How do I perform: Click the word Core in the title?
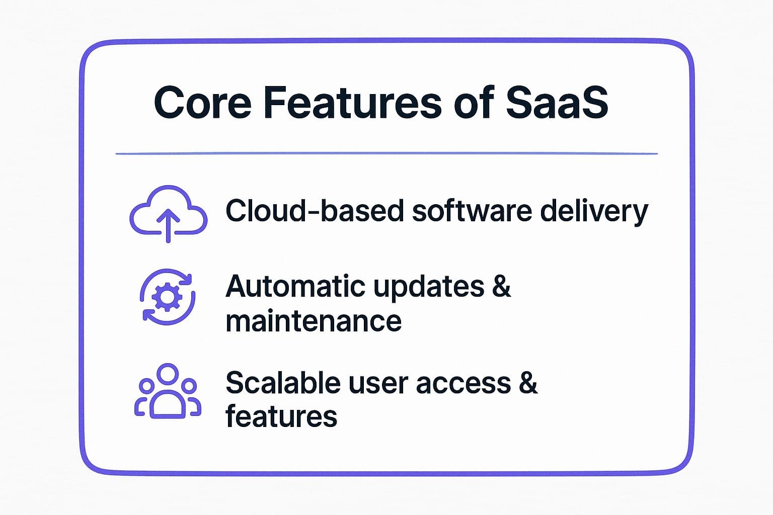[203, 103]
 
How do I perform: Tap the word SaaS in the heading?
[557, 103]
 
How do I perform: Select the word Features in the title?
[352, 103]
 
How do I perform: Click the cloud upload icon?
[169, 214]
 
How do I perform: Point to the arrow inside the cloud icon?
[169, 226]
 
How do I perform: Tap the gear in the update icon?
[168, 297]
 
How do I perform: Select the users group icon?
[168, 391]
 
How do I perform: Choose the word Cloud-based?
[315, 210]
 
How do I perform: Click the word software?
[472, 210]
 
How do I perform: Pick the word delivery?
[594, 212]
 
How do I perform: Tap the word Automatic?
[295, 286]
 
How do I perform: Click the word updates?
[429, 287]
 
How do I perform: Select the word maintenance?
[314, 321]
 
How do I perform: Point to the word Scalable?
[283, 382]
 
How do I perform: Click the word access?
[463, 384]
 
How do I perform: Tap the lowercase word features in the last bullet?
[281, 415]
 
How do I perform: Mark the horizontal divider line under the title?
[386, 153]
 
